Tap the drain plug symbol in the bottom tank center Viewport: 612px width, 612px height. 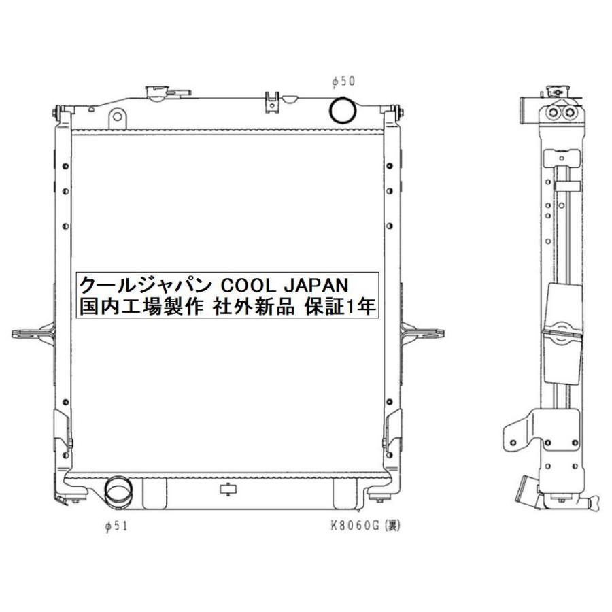[227, 489]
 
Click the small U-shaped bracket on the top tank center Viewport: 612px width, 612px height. [272, 99]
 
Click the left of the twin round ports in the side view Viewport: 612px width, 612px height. [553, 112]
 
